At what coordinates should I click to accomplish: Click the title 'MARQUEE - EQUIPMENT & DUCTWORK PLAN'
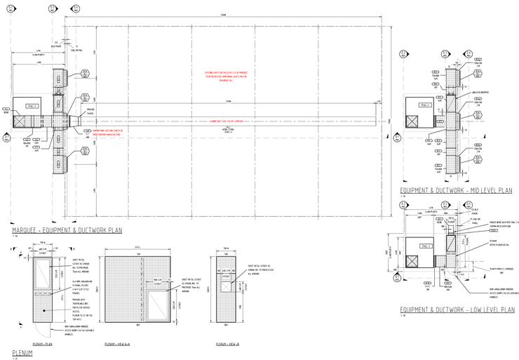point(67,230)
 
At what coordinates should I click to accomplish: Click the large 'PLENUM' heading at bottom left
point(24,352)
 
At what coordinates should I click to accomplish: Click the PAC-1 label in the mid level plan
point(424,105)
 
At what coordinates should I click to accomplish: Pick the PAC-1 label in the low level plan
point(424,246)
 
